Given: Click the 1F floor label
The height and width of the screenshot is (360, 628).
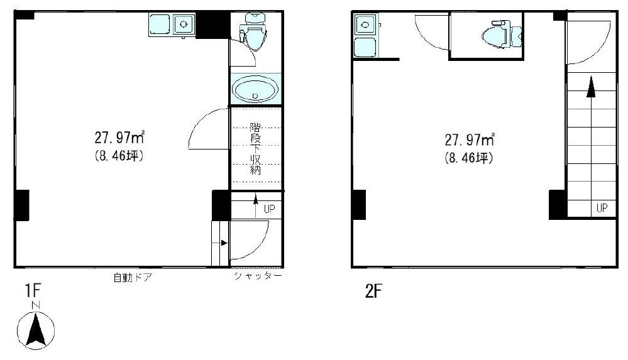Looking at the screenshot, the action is coord(33,290).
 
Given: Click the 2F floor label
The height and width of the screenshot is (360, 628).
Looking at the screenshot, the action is coord(373,291).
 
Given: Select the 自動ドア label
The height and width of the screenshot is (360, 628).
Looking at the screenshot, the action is coord(133,277).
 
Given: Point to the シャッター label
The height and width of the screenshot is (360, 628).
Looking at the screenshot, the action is coord(258,276).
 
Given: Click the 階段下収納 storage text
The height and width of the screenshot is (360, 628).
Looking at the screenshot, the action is coord(255,148).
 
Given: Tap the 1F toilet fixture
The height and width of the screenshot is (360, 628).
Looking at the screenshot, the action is coord(253,31).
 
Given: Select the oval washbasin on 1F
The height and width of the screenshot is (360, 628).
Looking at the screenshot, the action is coord(255,89).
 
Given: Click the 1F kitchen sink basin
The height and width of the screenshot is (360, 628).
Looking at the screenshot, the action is coord(184,24).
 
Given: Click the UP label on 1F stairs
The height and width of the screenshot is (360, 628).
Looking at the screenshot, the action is coord(269,209).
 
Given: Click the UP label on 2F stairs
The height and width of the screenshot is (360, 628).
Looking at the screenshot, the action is coord(602,208).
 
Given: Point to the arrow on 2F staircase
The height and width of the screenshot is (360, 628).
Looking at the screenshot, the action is coord(590,139).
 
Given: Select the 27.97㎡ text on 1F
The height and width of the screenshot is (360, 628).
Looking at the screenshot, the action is coord(119,138).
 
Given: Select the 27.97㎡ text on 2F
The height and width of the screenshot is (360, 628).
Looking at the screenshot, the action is coord(470,139).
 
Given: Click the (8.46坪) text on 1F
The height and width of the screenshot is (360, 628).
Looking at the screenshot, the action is coord(119,155).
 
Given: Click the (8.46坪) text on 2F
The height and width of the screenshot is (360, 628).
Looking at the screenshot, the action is coord(469,158).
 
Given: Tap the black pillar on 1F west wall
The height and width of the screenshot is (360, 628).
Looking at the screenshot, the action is coord(21,205).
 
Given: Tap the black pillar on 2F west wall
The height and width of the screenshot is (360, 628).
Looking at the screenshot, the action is coord(359,205).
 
